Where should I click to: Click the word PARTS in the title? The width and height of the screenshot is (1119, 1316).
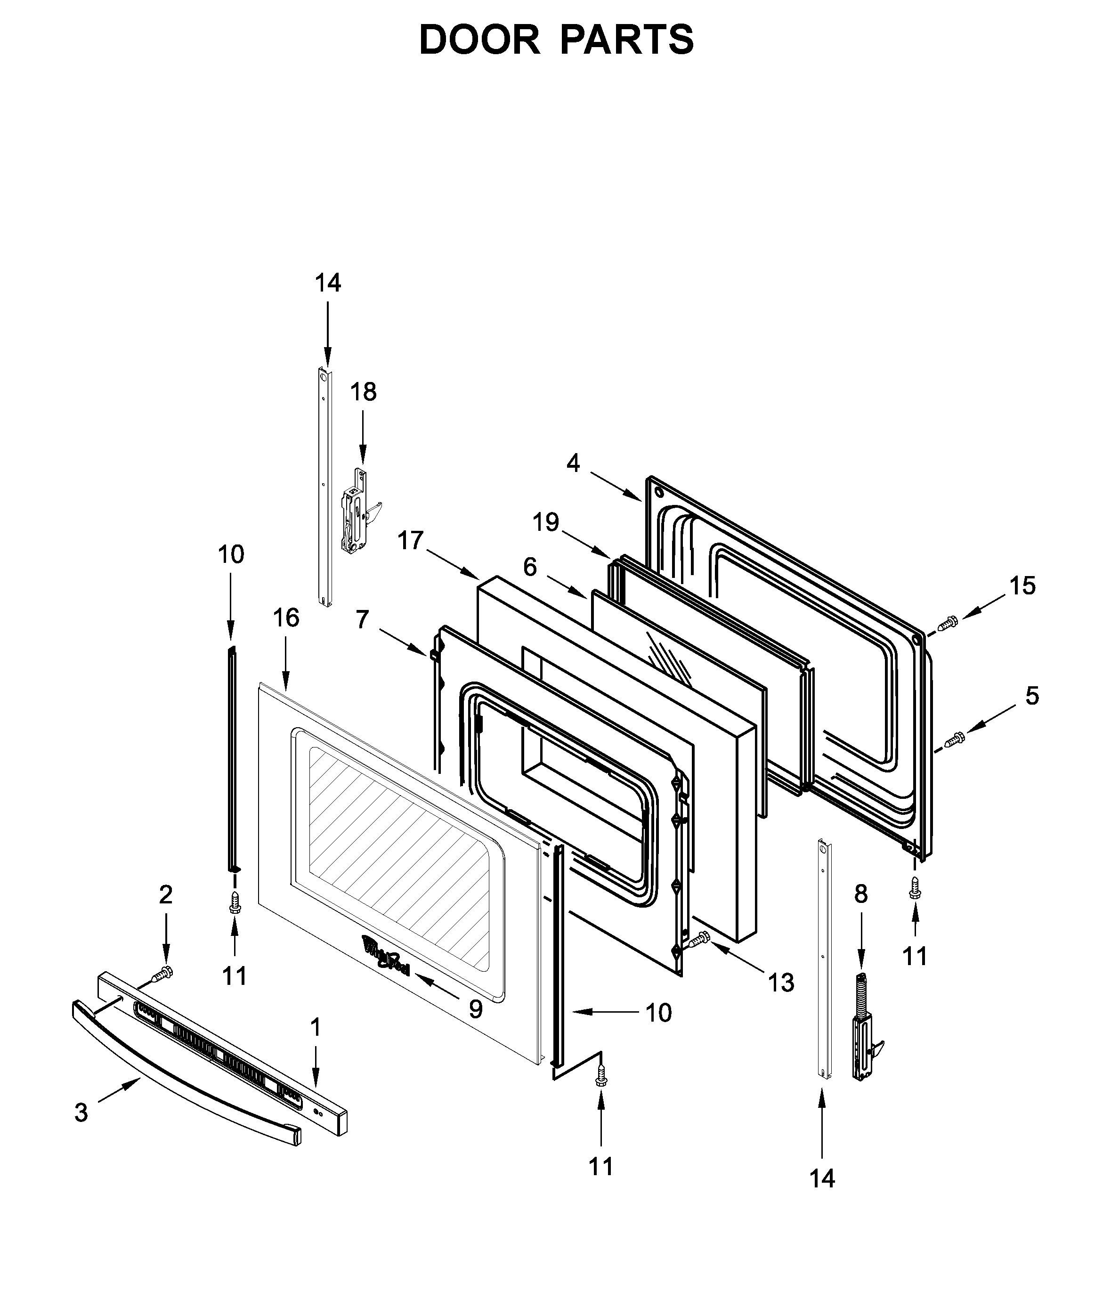point(627,40)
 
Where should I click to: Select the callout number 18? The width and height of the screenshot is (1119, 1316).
point(364,393)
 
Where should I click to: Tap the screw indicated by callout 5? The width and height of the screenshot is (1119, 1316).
point(953,739)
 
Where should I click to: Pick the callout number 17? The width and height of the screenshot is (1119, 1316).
point(410,541)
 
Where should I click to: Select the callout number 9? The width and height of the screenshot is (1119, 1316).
point(476,1009)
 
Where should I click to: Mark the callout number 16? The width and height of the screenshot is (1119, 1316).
point(286,617)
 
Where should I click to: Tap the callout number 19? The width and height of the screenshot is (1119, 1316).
point(545,522)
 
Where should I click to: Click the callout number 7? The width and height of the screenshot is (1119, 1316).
point(362,619)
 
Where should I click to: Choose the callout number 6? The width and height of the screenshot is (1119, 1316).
point(530,567)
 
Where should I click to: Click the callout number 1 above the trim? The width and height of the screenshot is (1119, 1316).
point(315,1027)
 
